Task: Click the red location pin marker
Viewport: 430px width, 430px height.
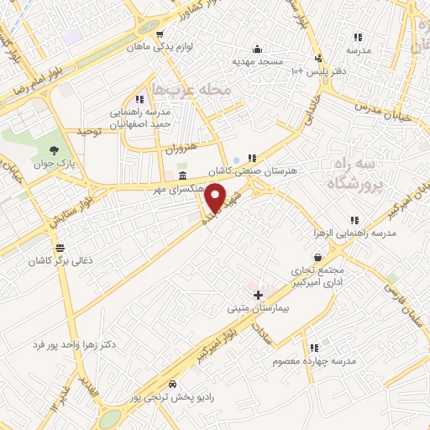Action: coord(217,198)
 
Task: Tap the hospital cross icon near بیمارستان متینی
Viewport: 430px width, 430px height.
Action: coord(258,295)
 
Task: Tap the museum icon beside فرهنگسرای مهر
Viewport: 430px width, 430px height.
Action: coord(183,175)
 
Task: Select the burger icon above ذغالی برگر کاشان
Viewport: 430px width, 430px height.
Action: coord(59,248)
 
